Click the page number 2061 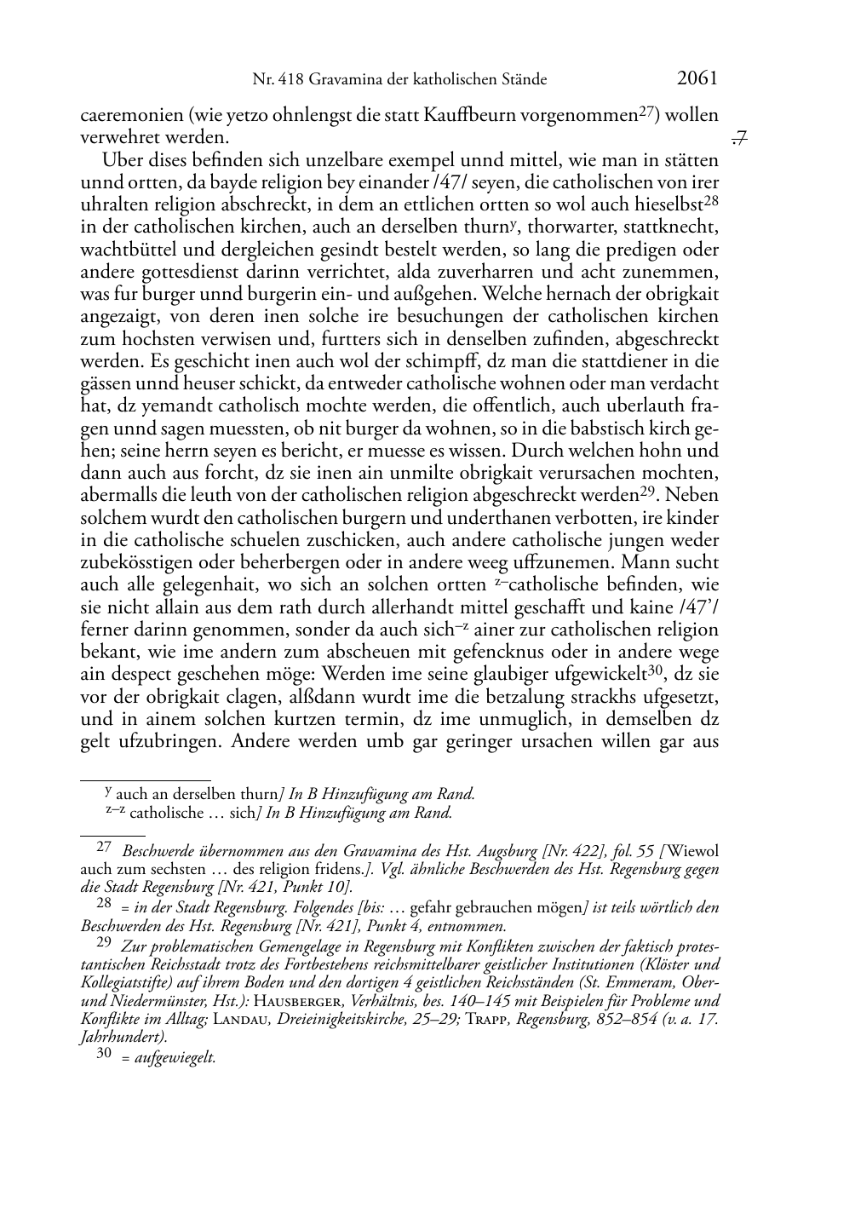click(697, 78)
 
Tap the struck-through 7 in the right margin click(739, 136)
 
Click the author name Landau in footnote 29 click(238, 1020)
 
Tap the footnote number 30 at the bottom click(103, 1056)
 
